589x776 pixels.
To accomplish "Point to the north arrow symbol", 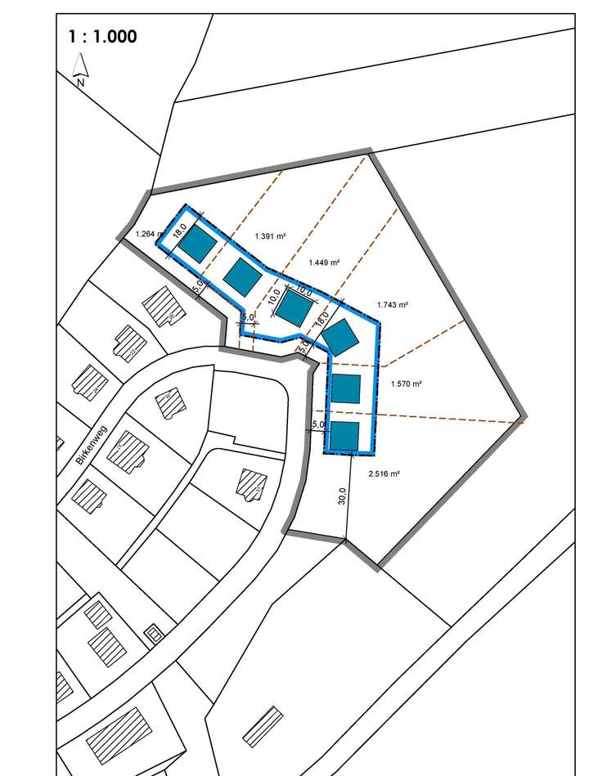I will click(x=80, y=65).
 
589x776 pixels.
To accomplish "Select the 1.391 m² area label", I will click(x=269, y=236).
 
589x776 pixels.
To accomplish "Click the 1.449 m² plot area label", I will click(x=324, y=262).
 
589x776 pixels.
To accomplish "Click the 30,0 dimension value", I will click(x=342, y=496).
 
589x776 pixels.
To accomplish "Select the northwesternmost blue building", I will click(x=196, y=243).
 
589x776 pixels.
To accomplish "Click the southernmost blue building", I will click(x=344, y=435).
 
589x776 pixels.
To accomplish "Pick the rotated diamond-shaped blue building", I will click(x=339, y=336).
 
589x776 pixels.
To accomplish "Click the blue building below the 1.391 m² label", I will click(x=241, y=276).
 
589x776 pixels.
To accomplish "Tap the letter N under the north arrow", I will click(x=80, y=83).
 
